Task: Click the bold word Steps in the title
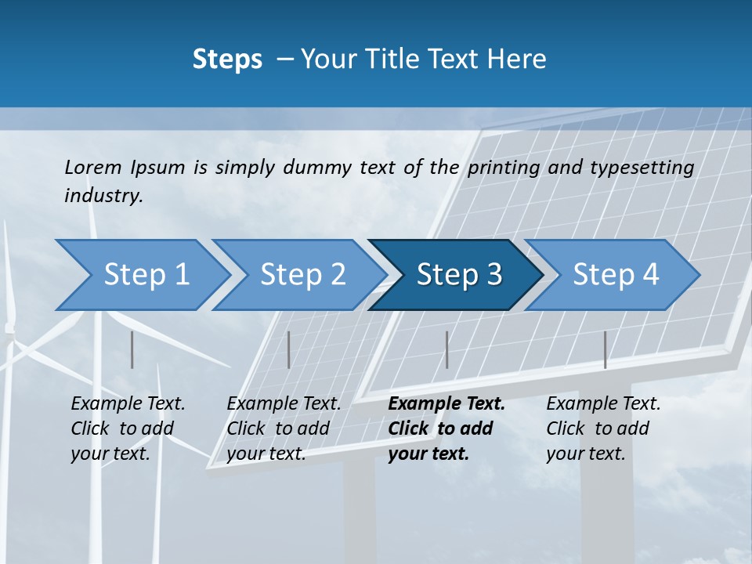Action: (x=227, y=60)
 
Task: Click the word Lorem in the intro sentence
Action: (x=92, y=167)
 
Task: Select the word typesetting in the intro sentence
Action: (x=642, y=168)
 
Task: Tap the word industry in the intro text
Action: (x=103, y=196)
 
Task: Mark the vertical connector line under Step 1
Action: (x=132, y=349)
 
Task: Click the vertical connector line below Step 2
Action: (x=289, y=349)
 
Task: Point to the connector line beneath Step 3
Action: (x=446, y=349)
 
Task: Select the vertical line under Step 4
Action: (x=605, y=349)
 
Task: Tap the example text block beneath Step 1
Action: (x=128, y=428)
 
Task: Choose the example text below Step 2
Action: (x=284, y=428)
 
